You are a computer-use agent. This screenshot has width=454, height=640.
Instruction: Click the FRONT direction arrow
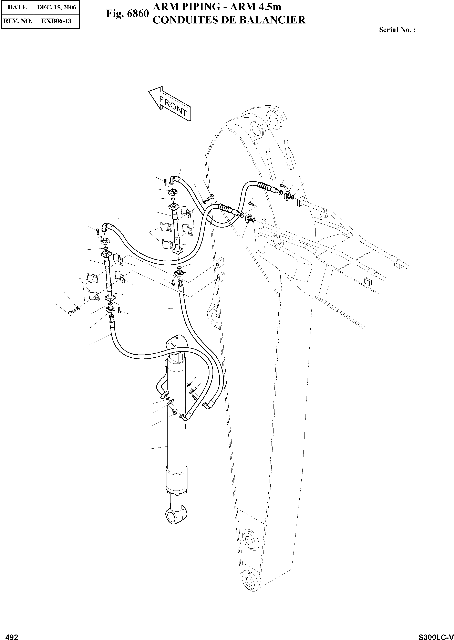coord(171,104)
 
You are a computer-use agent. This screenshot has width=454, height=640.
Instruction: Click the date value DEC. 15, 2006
coord(56,8)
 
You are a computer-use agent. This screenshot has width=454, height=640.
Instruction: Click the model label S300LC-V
coord(436,635)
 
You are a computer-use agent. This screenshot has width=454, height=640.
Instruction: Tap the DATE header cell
coord(17,8)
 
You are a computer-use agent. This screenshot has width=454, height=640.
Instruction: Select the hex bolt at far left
coord(72,312)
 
